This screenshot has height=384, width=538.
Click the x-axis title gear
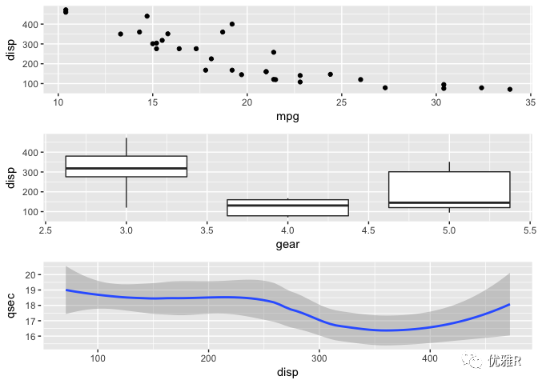[x=287, y=244]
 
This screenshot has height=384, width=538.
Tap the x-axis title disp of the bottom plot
[x=287, y=372]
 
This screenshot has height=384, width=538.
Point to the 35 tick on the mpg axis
[x=530, y=102]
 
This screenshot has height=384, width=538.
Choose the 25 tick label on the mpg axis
[x=341, y=102]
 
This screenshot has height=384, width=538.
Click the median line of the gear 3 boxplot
[x=126, y=168]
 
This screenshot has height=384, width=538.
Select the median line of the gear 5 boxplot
[x=449, y=202]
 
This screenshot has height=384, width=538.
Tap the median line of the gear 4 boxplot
[x=287, y=206]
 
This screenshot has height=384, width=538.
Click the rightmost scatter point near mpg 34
[x=510, y=90]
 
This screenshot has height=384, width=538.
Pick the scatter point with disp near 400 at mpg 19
[x=232, y=24]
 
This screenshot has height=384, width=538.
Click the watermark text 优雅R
[x=504, y=362]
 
